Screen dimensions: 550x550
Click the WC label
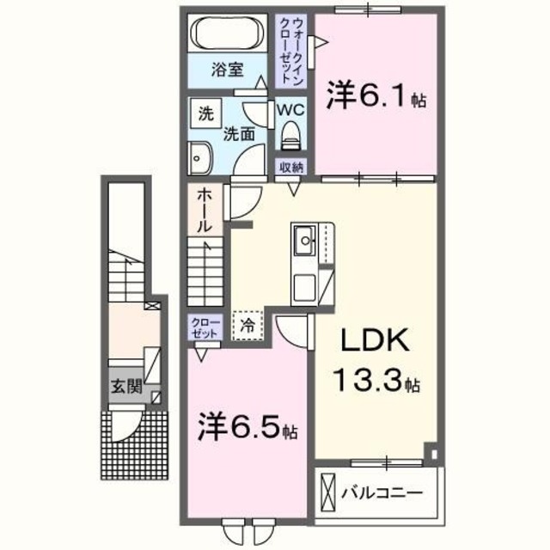pyautogui.click(x=290, y=111)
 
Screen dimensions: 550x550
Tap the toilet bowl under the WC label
pyautogui.click(x=290, y=136)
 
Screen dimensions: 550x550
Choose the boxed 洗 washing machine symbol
pyautogui.click(x=205, y=113)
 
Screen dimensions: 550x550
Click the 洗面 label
pyautogui.click(x=239, y=133)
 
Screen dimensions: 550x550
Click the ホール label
pyautogui.click(x=205, y=210)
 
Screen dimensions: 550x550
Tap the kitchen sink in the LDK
pyautogui.click(x=305, y=241)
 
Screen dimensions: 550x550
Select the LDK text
pyautogui.click(x=367, y=342)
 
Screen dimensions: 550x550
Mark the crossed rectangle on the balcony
pyautogui.click(x=329, y=494)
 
